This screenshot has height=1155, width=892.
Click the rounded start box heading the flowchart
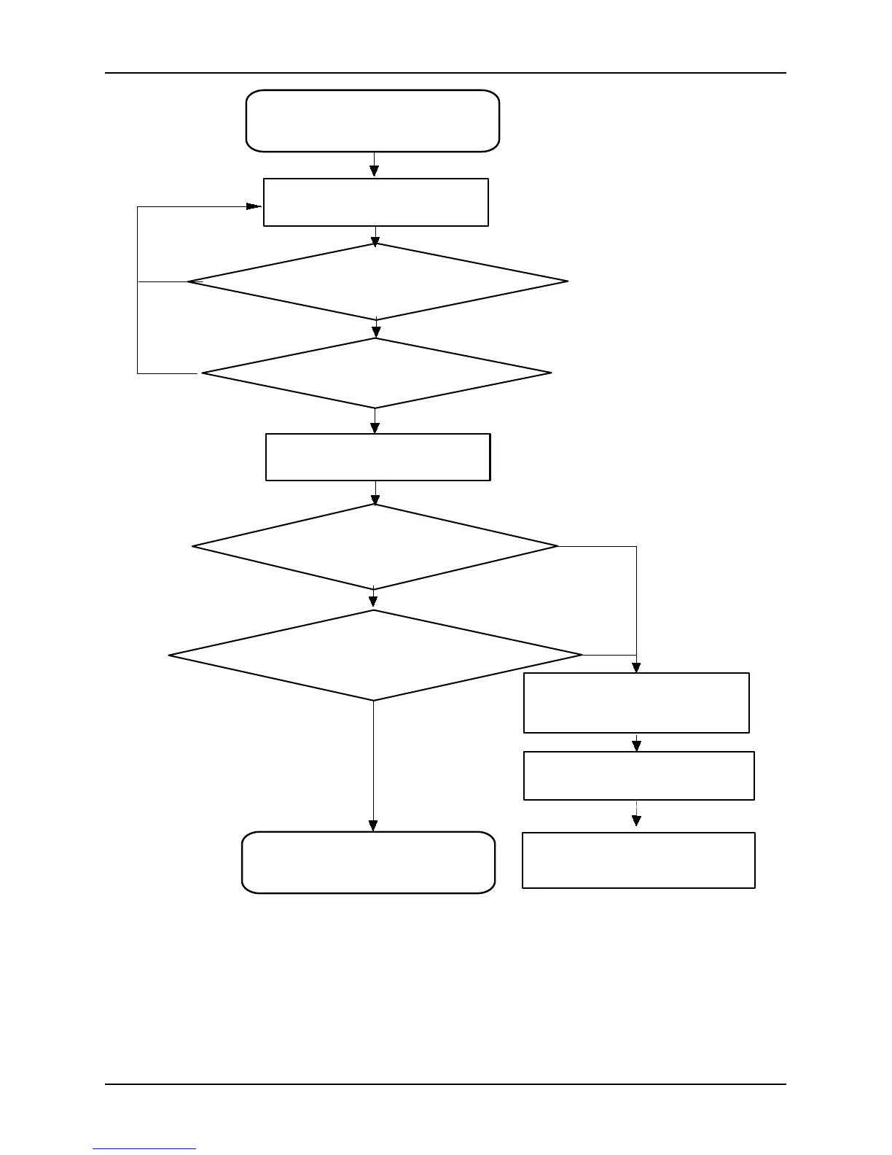click(x=372, y=121)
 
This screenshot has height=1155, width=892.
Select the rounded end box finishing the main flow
click(x=368, y=862)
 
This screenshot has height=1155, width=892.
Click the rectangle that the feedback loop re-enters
click(x=375, y=202)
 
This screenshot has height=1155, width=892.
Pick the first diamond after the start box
click(x=377, y=281)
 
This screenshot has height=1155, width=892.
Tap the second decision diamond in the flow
click(x=376, y=373)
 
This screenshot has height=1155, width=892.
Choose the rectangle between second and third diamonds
click(x=377, y=457)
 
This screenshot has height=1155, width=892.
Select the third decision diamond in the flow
click(x=375, y=546)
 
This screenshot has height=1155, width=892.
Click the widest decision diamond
click(x=375, y=656)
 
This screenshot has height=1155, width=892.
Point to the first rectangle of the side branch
click(x=636, y=703)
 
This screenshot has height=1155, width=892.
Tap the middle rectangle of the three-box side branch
click(x=638, y=776)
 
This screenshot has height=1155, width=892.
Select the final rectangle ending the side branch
click(x=638, y=860)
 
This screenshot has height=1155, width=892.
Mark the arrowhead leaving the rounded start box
click(x=374, y=171)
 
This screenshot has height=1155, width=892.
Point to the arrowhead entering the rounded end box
click(x=373, y=825)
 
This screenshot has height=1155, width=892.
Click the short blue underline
click(x=144, y=1149)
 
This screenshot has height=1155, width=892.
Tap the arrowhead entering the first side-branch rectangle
click(x=636, y=666)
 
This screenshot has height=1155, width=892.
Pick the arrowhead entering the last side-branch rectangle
click(x=637, y=820)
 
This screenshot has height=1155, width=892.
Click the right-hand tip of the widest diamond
click(x=582, y=656)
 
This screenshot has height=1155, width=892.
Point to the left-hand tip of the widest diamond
click(x=170, y=656)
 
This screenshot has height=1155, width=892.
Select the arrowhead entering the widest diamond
click(x=373, y=602)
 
